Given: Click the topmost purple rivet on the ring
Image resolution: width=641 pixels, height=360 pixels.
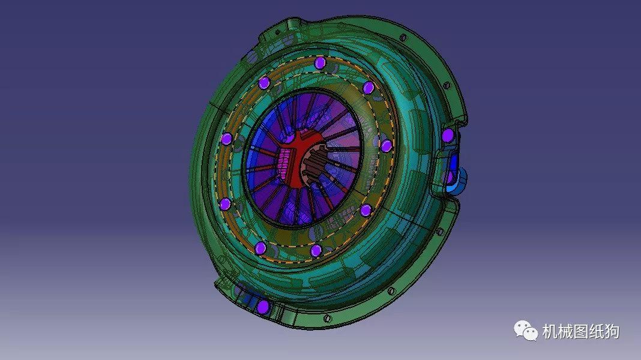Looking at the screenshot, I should point(320,63).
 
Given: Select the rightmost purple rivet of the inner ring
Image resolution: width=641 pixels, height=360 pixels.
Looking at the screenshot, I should point(386,145).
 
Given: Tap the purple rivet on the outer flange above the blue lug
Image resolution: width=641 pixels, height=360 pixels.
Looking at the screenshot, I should point(448,134).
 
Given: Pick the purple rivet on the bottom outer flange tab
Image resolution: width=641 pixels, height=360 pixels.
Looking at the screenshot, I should point(262,307).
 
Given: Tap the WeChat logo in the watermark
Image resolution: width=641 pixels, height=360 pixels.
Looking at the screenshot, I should point(525,330).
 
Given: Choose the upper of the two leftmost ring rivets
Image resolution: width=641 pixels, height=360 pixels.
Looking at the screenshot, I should point(226,139).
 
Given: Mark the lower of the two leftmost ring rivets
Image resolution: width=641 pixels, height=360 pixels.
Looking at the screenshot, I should point(225,204).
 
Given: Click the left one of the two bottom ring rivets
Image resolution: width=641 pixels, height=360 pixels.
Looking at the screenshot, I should point(260,248).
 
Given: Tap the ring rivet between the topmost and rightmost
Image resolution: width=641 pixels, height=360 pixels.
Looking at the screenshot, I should point(369,88).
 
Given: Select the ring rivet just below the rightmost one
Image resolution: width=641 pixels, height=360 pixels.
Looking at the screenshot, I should point(366,209).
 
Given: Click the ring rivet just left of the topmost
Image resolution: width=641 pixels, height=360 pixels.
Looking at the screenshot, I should point(263,83).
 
